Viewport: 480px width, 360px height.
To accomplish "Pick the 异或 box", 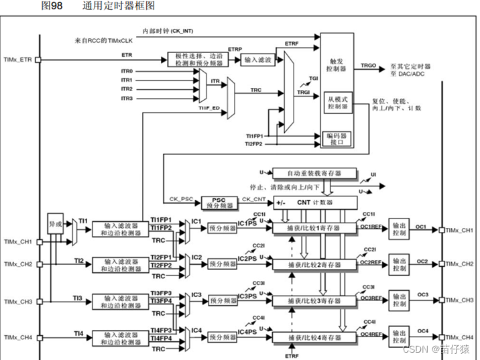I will tap(55, 223).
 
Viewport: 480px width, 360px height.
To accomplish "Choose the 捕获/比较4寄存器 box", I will tap(314, 337).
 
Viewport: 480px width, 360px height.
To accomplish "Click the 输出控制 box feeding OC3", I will tap(399, 300).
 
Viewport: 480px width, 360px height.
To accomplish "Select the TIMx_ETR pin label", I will tap(17, 60).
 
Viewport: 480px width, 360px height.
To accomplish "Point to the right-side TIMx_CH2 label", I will tap(461, 265).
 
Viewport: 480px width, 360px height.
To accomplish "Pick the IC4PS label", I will tap(247, 331).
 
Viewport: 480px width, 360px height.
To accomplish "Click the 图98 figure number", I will tap(51, 6).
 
